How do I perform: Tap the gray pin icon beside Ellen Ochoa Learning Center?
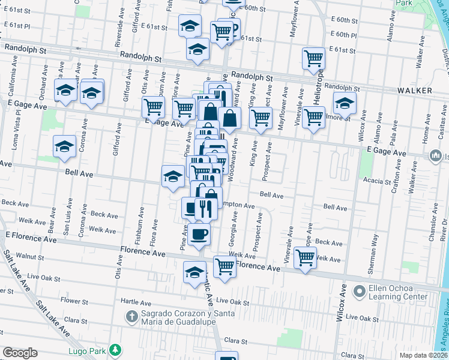pyautogui.click(x=360, y=292)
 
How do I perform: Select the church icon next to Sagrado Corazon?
pyautogui.click(x=131, y=316)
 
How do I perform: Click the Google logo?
pyautogui.click(x=19, y=353)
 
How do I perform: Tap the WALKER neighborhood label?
pyautogui.click(x=415, y=90)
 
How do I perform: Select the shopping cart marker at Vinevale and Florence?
pyautogui.click(x=305, y=258)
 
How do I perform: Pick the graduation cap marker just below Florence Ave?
pyautogui.click(x=194, y=272)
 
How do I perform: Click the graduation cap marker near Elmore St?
pyautogui.click(x=345, y=103)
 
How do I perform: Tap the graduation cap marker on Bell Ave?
pyautogui.click(x=173, y=176)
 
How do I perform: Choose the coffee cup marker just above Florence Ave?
pyautogui.click(x=199, y=233)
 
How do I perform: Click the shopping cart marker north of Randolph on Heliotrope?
pyautogui.click(x=313, y=59)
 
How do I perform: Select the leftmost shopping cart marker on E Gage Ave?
pyautogui.click(x=153, y=107)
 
